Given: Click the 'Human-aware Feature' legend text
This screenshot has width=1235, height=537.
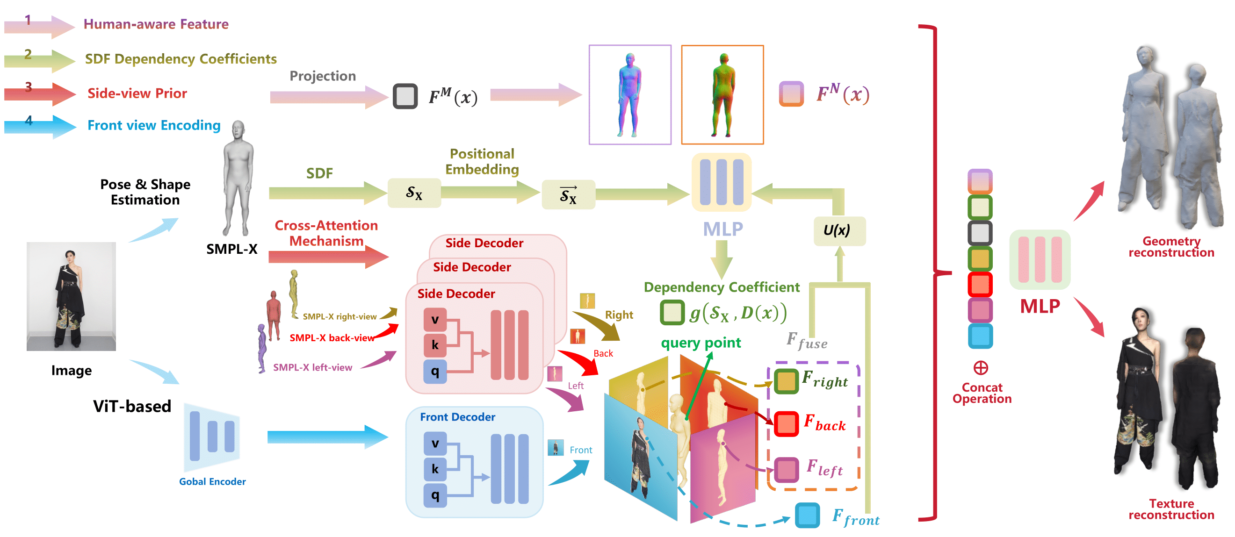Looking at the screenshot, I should [x=156, y=24].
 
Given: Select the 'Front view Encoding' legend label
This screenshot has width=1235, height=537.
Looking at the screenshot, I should [x=154, y=126].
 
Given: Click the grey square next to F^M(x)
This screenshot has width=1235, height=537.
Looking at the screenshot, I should [x=405, y=96].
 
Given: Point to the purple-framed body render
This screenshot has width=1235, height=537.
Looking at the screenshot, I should [x=629, y=95].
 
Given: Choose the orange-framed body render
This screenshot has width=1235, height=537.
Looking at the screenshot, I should [x=722, y=95].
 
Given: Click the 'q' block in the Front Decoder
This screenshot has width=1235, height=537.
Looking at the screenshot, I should [x=435, y=495].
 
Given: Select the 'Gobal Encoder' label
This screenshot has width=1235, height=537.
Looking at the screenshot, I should [x=212, y=481].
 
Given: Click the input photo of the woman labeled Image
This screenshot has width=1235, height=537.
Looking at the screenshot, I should [x=71, y=296].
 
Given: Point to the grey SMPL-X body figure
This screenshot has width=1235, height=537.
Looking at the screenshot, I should [x=237, y=177].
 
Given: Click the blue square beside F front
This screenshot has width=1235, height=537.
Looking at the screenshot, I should [x=807, y=516].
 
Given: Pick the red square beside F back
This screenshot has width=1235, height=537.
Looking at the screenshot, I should [x=786, y=424].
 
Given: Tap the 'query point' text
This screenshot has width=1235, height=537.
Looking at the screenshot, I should [x=701, y=343].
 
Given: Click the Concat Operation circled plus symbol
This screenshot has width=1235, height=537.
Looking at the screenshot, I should [x=981, y=368].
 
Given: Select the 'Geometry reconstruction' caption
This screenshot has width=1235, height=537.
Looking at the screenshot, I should [x=1171, y=247].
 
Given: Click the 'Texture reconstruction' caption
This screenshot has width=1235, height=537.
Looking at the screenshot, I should [x=1171, y=509].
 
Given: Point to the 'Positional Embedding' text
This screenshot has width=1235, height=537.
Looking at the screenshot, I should [x=482, y=161].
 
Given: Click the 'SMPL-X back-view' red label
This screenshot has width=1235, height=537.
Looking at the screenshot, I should [x=331, y=338].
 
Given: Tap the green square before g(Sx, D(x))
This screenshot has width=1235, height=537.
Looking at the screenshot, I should [x=672, y=313].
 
